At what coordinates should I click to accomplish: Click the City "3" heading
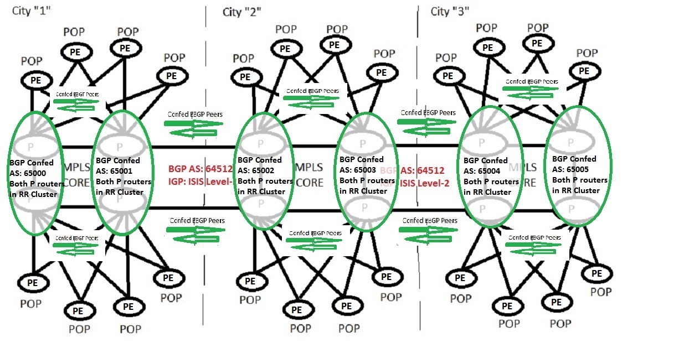(450, 11)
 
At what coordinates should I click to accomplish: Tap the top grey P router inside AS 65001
(119, 146)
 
